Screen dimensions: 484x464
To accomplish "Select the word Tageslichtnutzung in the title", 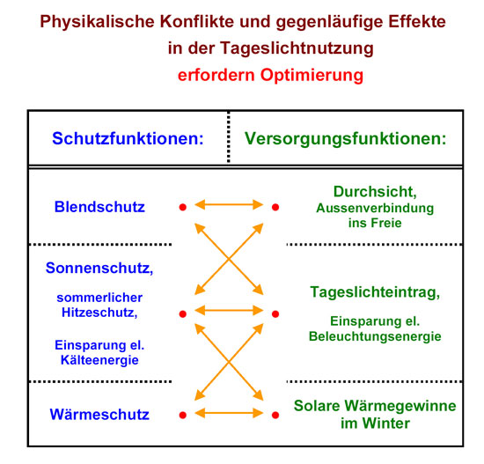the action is point(297,48).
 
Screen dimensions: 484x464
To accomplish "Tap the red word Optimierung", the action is point(312,76).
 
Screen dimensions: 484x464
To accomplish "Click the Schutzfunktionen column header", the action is point(128,138).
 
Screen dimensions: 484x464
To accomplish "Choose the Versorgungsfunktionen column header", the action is point(346,139).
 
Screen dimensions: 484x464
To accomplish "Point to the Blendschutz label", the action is point(99,207).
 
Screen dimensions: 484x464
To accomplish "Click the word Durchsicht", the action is point(375,192).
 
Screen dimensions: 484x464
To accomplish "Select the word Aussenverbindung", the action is point(375,209).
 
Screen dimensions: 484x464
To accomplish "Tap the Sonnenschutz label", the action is point(99,269).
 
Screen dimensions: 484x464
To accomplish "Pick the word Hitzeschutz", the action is point(99,313).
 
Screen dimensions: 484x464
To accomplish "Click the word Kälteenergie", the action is point(99,360).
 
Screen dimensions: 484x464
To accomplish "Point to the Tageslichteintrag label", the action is point(375,292).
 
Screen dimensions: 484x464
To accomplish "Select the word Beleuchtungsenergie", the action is point(375,336).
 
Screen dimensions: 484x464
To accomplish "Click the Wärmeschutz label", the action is point(99,415).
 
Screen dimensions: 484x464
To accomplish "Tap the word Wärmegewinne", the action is point(400,406).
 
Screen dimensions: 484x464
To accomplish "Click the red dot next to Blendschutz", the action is point(183,207).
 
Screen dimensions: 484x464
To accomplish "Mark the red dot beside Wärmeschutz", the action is point(183,415).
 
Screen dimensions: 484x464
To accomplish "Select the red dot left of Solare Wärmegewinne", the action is point(275,415).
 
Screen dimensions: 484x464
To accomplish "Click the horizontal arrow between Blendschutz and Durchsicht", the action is point(229,204).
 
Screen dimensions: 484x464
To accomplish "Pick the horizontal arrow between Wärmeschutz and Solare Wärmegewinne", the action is point(229,413).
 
